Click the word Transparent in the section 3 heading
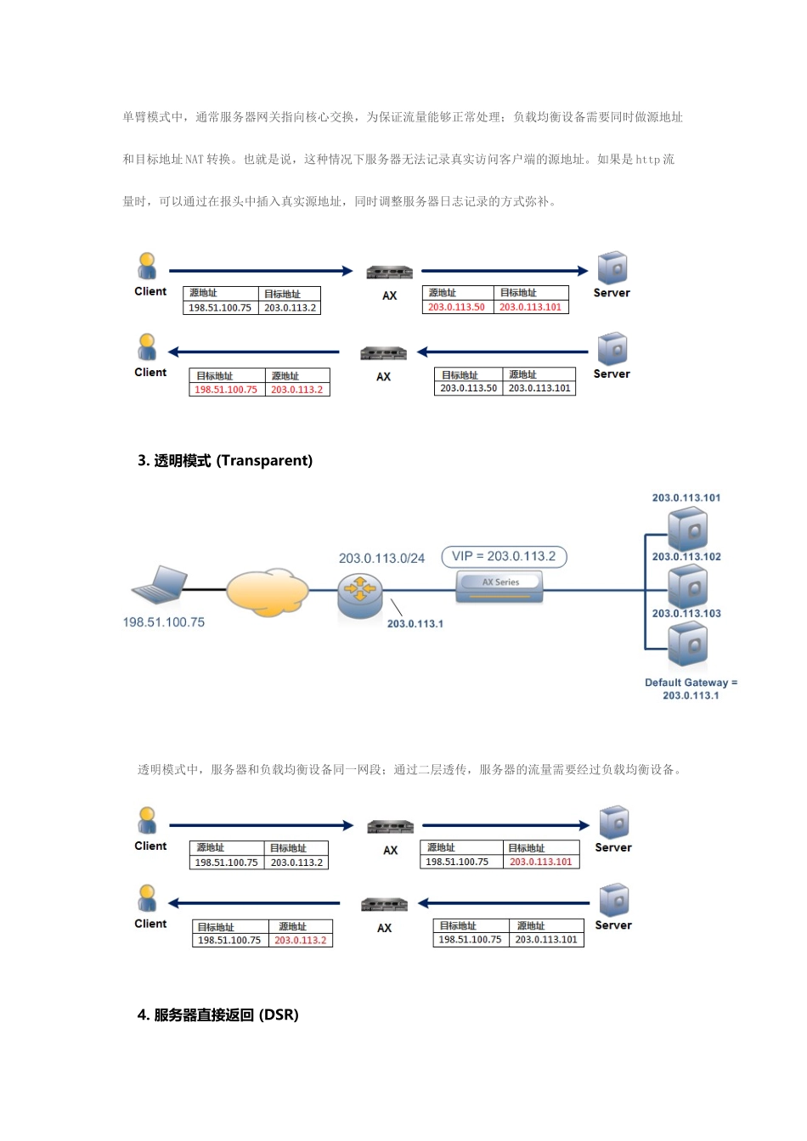pos(264,461)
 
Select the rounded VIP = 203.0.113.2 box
pos(504,557)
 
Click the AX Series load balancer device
pos(499,586)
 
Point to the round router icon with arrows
pos(359,594)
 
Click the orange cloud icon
pos(267,592)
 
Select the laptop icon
pos(161,585)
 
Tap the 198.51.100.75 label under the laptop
pos(163,622)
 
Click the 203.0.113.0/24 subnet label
pos(381,559)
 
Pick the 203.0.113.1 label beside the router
pos(415,624)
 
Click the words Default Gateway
pos(686,683)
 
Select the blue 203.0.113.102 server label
pos(686,557)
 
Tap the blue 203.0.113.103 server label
pos(686,614)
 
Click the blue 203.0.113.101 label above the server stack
pos(686,498)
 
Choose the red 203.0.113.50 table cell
pos(456,307)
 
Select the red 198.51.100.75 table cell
pos(226,390)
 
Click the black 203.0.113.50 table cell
pos(468,388)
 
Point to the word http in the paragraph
pos(647,160)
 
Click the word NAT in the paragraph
pos(195,160)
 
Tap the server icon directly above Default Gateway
pos(687,645)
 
